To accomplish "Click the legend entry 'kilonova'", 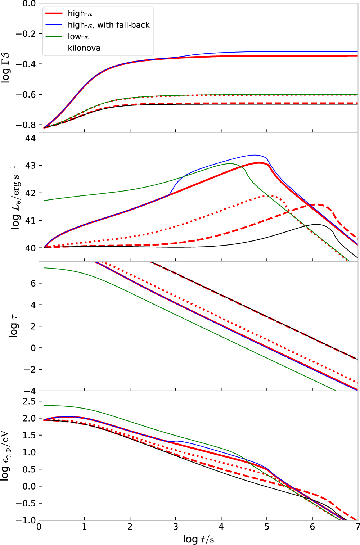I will [x=84, y=48].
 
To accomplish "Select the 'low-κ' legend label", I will [x=78, y=37].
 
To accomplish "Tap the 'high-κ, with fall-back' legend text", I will [x=108, y=25].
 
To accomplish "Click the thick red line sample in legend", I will [x=54, y=14].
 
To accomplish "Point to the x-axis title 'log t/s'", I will [x=198, y=539].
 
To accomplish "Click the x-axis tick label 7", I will [x=357, y=527].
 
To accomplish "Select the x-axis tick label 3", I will [x=176, y=527].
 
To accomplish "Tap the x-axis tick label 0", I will [x=39, y=527].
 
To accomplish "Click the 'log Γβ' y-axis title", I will [x=6, y=67].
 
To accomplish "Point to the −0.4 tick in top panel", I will [x=26, y=64].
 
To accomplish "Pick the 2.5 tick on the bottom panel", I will [x=29, y=401].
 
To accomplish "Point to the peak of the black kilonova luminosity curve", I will [x=317, y=224].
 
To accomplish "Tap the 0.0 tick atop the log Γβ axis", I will [x=29, y=4].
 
